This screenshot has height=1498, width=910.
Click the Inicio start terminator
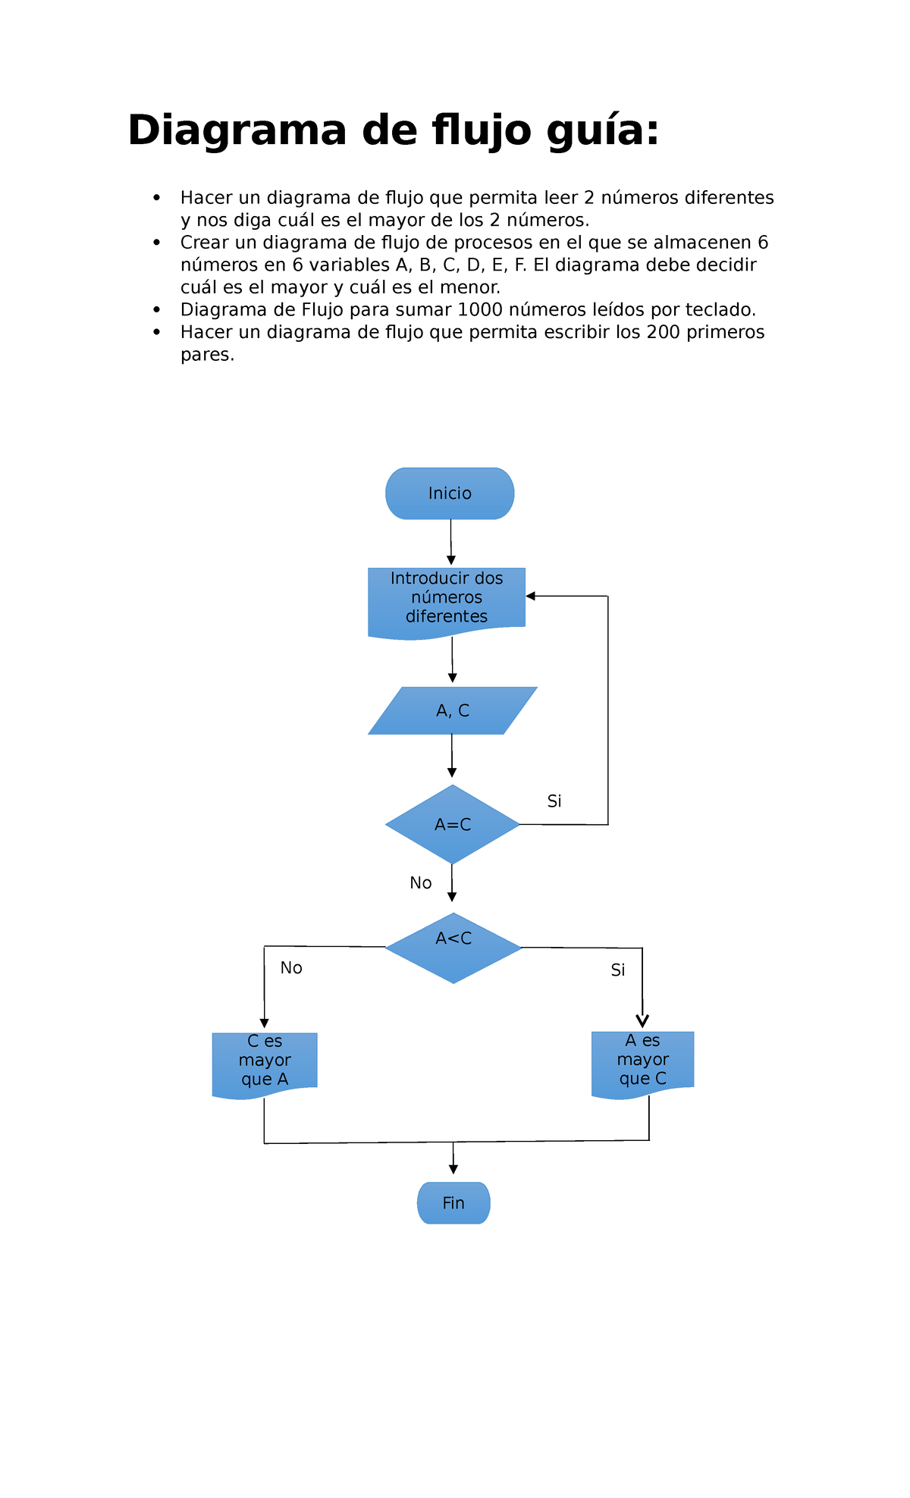point(450,494)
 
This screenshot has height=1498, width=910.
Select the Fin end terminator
point(453,1203)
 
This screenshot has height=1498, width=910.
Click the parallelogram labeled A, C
point(453,711)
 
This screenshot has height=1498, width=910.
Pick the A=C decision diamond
point(453,825)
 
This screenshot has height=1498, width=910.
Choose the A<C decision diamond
point(453,948)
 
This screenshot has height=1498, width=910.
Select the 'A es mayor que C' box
point(642,1061)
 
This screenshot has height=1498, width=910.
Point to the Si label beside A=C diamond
point(554,801)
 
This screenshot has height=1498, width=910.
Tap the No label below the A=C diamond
point(421,883)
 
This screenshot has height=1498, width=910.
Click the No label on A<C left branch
point(291,968)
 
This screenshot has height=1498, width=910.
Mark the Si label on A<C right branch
point(618,970)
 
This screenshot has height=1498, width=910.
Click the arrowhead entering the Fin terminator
point(453,1170)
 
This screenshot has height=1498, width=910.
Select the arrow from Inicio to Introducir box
point(451,541)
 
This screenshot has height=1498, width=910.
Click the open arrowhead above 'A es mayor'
point(642,1021)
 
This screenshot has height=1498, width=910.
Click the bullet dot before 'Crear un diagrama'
point(157,243)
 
